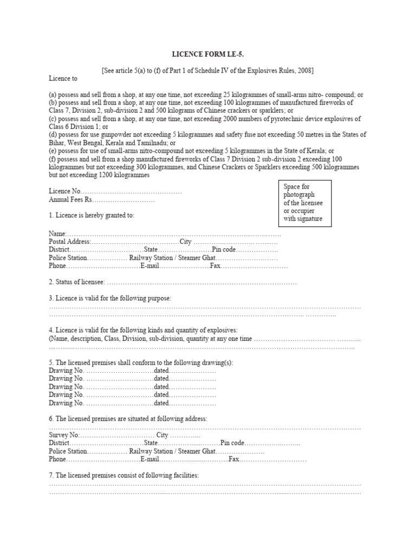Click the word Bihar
[x=57, y=142]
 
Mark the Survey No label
[x=64, y=435]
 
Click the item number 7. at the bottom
[x=51, y=475]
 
